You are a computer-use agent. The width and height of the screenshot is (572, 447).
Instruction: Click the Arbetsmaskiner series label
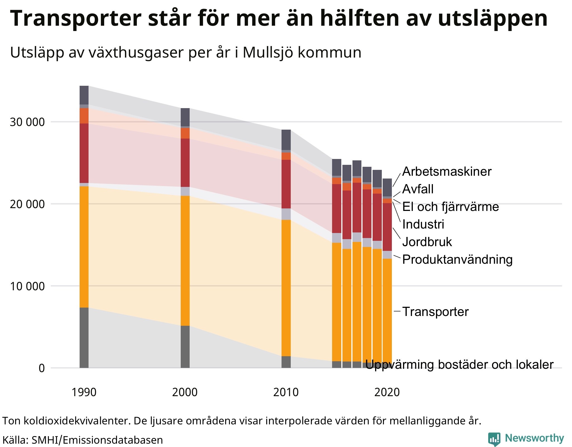pyautogui.click(x=446, y=172)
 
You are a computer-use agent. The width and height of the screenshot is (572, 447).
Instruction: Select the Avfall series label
pyautogui.click(x=418, y=189)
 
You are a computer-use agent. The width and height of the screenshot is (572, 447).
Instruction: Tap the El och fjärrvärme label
pyautogui.click(x=450, y=207)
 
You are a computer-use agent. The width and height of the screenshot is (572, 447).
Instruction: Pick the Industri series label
pyautogui.click(x=423, y=224)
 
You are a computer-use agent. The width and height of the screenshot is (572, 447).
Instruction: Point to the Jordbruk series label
pyautogui.click(x=427, y=242)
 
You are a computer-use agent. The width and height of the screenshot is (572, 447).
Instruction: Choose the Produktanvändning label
pyautogui.click(x=457, y=260)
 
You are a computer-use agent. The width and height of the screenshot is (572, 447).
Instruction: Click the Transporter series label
pyautogui.click(x=435, y=312)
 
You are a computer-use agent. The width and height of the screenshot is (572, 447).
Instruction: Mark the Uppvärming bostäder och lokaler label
pyautogui.click(x=459, y=365)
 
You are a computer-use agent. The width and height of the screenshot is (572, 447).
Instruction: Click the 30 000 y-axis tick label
pyautogui.click(x=27, y=122)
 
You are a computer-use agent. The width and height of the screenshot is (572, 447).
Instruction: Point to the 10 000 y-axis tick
pyautogui.click(x=27, y=286)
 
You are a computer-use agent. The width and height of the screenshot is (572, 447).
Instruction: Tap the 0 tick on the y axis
pyautogui.click(x=42, y=368)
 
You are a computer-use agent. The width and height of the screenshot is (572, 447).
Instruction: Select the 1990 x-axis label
pyautogui.click(x=84, y=393)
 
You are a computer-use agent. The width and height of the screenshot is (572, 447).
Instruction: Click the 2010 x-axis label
pyautogui.click(x=286, y=393)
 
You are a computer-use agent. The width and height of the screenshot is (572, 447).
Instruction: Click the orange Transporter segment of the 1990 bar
pyautogui.click(x=84, y=247)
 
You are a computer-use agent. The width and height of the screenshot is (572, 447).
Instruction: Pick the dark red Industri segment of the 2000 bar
pyautogui.click(x=185, y=163)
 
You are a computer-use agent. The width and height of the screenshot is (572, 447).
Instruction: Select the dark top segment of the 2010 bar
pyautogui.click(x=286, y=140)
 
